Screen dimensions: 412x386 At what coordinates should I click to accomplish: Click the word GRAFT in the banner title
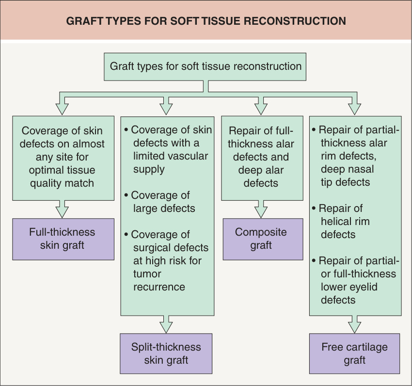tap(84, 21)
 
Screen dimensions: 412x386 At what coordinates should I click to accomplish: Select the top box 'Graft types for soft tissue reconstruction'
tap(205, 67)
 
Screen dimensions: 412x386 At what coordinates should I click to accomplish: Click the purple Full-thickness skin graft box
tap(63, 239)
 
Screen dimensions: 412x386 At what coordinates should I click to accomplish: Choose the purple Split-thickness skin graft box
tap(166, 354)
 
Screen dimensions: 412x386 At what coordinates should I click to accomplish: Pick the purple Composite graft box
tap(263, 239)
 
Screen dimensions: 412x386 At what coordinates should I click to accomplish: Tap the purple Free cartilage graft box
tap(354, 354)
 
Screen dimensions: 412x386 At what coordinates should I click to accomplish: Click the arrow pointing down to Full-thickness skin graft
tap(62, 209)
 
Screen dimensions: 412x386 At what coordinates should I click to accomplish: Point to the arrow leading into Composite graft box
tap(261, 209)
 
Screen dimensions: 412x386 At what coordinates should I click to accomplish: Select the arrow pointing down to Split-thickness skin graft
tap(166, 324)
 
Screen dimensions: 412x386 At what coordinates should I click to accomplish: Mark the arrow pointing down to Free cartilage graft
tap(354, 324)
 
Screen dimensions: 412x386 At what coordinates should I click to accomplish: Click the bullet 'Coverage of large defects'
tap(160, 202)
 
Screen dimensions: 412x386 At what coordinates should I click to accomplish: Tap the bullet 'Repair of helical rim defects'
tap(341, 222)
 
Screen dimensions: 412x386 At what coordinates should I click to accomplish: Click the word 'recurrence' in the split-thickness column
tap(159, 287)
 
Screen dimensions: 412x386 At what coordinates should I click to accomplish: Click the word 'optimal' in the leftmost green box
tap(44, 170)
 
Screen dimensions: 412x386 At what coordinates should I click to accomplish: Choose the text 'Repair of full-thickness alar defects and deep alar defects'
tap(261, 157)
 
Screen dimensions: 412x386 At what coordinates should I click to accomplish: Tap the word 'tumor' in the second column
tap(147, 274)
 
